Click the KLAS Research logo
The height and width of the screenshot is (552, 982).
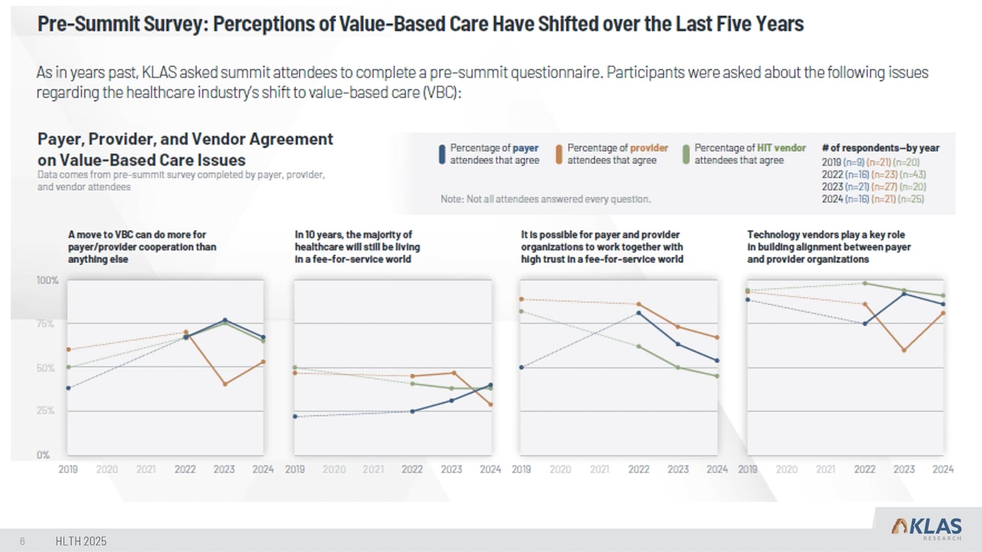tap(926, 527)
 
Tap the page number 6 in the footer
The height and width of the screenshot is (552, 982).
tap(23, 541)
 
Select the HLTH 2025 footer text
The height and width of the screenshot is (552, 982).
tap(81, 541)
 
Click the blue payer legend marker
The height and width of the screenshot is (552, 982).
tap(442, 154)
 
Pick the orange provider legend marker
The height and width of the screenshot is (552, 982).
tap(559, 154)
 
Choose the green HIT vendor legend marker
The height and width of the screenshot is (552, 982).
tap(686, 154)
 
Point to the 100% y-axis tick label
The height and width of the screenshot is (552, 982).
tap(48, 280)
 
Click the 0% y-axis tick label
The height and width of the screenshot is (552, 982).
tap(43, 455)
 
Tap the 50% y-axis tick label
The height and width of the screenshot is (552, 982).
tap(46, 368)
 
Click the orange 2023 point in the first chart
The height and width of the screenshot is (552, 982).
tap(225, 384)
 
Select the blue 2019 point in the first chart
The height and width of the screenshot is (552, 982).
tap(69, 388)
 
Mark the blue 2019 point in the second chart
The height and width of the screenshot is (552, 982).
tap(295, 417)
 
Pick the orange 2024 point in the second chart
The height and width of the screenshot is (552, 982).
tap(491, 405)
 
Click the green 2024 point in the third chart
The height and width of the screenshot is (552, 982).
tap(717, 376)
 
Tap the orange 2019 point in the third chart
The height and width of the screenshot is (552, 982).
tap(522, 299)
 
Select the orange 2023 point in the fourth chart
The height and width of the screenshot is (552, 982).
tap(904, 351)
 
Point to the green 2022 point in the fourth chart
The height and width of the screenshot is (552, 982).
tap(865, 283)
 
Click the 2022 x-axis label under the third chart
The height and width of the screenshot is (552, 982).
tap(639, 469)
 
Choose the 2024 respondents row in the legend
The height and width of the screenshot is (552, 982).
tap(873, 199)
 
